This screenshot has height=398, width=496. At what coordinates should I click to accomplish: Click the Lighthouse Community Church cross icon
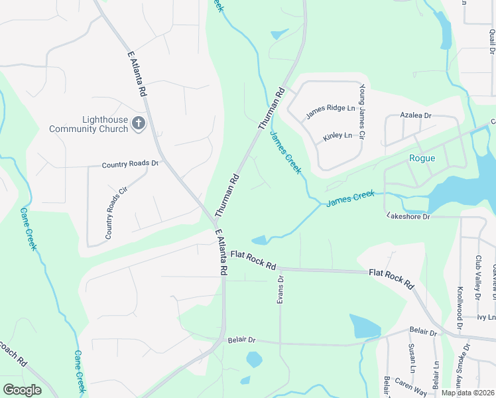point(138,123)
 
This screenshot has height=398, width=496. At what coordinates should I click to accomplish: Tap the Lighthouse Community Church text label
point(88,124)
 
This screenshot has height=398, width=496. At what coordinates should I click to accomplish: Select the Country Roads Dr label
point(130,164)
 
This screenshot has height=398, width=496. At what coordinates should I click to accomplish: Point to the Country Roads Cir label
point(115,213)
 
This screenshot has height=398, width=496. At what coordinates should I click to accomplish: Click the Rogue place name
point(422,158)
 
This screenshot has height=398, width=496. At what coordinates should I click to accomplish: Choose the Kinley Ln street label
point(337,136)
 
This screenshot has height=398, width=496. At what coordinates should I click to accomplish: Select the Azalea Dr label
point(416,115)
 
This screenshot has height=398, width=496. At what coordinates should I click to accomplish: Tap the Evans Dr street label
point(280,291)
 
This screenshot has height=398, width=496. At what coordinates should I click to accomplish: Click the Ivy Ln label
point(486,318)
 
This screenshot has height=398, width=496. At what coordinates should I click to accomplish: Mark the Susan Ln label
point(412,359)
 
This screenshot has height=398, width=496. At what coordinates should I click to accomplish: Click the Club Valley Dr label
point(477,277)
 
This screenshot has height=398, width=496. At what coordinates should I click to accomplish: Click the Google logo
point(22,390)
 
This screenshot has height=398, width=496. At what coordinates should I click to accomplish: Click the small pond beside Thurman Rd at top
point(279,34)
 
